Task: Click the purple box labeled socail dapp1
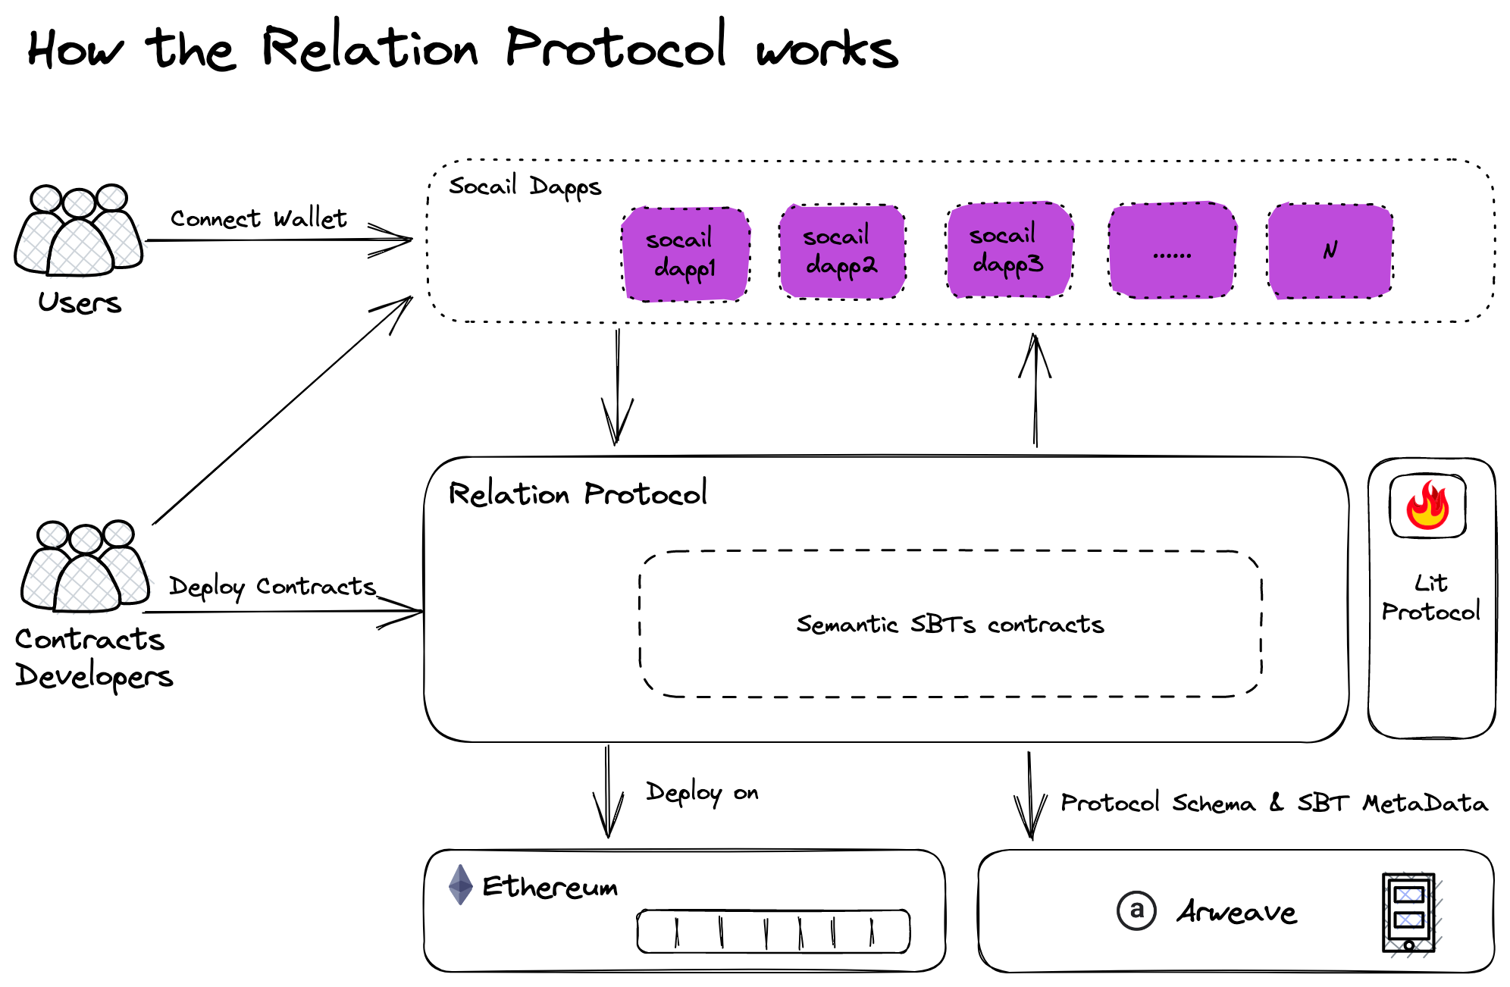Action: [x=685, y=254]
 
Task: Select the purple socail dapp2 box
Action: [x=842, y=251]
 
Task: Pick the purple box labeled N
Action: [x=1330, y=251]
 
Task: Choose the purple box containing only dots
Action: [x=1172, y=251]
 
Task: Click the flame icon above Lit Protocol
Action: [x=1427, y=506]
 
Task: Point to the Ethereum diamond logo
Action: [x=460, y=885]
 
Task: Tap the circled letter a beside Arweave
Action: [x=1136, y=910]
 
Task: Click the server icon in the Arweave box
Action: [x=1408, y=913]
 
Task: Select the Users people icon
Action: [x=79, y=230]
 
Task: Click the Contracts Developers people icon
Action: [x=86, y=567]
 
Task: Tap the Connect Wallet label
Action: [x=258, y=218]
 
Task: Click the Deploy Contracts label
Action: [x=272, y=587]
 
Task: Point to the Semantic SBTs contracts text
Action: [x=950, y=624]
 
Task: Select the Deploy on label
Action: [x=702, y=792]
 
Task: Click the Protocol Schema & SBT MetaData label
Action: [x=1273, y=803]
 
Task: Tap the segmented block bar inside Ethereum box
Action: [x=773, y=931]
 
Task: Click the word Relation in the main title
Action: [x=370, y=47]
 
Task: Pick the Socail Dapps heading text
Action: [x=525, y=186]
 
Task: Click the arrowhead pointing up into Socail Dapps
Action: [x=1035, y=352]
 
